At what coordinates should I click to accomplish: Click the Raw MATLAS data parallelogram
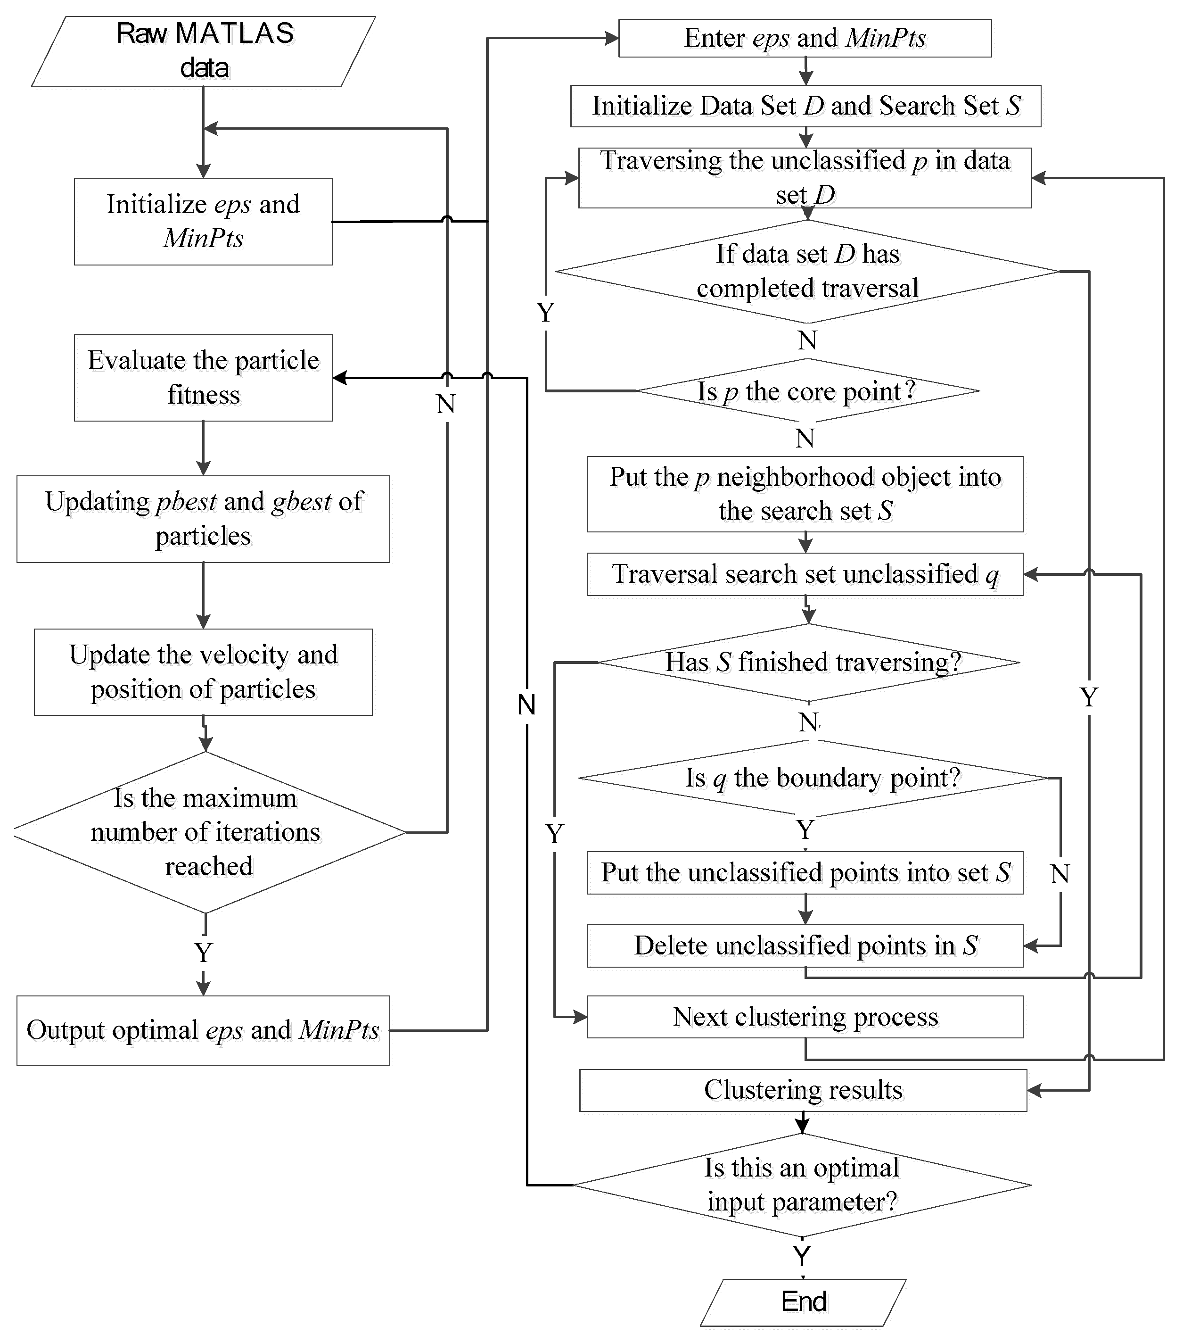pyautogui.click(x=204, y=51)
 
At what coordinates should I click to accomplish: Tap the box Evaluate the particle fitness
pyautogui.click(x=203, y=377)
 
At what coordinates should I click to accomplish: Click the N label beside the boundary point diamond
pyautogui.click(x=1060, y=874)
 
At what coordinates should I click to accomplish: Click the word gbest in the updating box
pyautogui.click(x=302, y=502)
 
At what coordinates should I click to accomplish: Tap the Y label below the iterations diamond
pyautogui.click(x=204, y=952)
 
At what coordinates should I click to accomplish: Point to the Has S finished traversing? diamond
pyautogui.click(x=809, y=662)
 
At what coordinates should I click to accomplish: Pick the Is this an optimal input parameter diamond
pyautogui.click(x=802, y=1185)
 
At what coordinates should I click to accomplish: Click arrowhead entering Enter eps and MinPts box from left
pyautogui.click(x=612, y=38)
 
